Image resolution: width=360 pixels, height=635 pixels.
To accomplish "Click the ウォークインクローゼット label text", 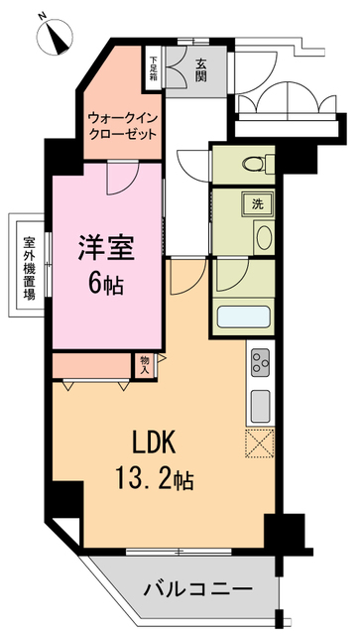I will pyautogui.click(x=122, y=126).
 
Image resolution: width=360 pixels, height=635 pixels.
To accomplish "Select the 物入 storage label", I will pyautogui.click(x=146, y=364).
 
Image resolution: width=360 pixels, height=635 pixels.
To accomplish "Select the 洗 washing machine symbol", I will pyautogui.click(x=256, y=204).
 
